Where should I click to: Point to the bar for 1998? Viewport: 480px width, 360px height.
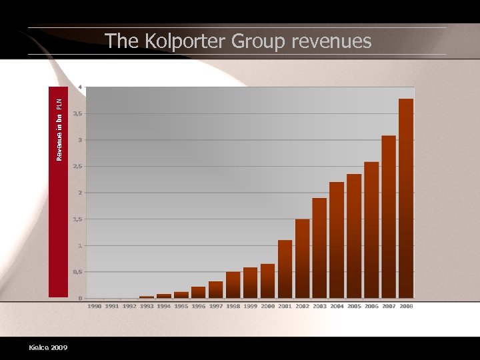coord(233,285)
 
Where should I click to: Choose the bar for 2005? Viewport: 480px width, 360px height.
coord(354,236)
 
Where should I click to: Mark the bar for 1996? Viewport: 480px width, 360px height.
coord(198,292)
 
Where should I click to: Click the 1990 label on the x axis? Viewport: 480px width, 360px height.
coord(95,306)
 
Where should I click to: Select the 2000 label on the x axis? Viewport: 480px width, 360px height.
coord(267,306)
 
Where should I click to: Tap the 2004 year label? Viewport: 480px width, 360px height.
coord(337,306)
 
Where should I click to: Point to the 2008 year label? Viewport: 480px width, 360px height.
coord(406,306)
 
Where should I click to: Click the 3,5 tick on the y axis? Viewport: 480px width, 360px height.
coord(78,114)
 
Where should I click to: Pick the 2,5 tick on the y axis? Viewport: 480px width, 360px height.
coord(78,167)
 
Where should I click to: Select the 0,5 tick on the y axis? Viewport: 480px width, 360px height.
coord(78,272)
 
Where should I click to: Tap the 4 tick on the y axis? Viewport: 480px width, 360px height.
coord(81,87)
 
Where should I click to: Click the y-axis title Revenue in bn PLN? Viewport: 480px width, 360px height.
coord(59,129)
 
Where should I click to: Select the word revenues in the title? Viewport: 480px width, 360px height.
coord(327,41)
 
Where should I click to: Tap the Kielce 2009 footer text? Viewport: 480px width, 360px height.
coord(48,347)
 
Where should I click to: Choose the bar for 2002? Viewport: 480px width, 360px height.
coord(302,259)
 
